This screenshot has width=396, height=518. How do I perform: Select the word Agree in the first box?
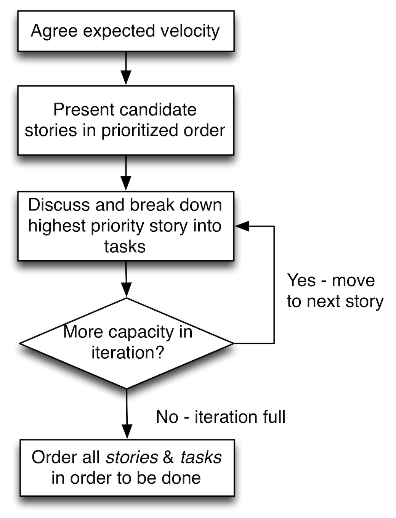tap(54, 31)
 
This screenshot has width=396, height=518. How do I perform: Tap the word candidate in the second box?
tap(160, 110)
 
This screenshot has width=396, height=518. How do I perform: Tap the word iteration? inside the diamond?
tap(128, 353)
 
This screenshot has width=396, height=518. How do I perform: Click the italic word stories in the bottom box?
tap(132, 457)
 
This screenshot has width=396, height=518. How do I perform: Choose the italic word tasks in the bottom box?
tap(201, 457)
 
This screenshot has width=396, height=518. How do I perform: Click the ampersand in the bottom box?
tap(168, 457)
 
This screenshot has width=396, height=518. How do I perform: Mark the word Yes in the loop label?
tap(301, 281)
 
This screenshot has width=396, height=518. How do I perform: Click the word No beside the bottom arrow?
tap(167, 417)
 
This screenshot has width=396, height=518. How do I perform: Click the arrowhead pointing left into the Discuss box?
tap(242, 226)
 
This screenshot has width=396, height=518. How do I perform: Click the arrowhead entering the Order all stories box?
tap(127, 432)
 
